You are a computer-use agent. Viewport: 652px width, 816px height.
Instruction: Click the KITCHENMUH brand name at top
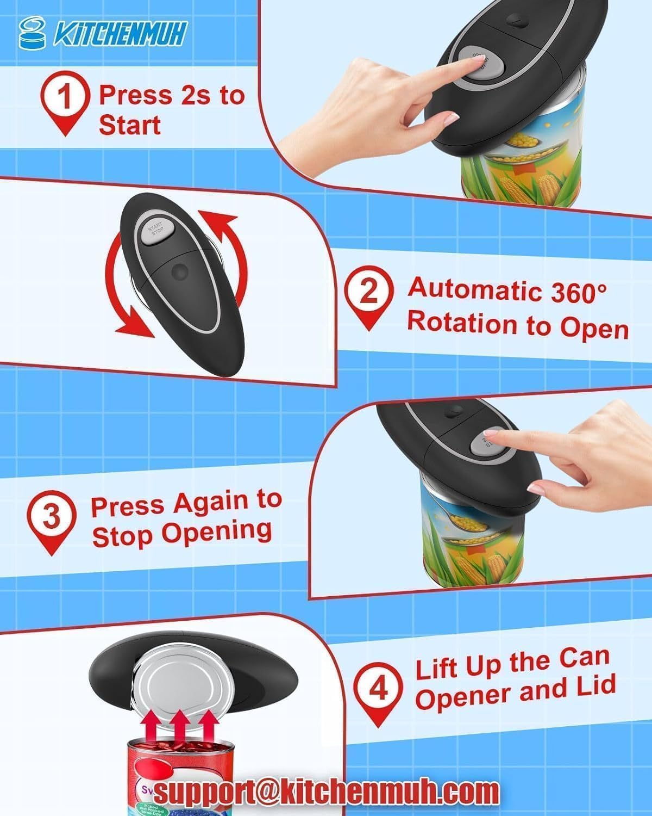click(120, 34)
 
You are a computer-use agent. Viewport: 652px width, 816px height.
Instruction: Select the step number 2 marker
click(368, 292)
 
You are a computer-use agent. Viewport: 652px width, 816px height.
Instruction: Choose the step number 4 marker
click(378, 689)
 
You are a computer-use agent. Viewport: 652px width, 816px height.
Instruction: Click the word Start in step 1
click(129, 125)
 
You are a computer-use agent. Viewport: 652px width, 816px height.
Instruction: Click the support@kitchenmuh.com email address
click(326, 791)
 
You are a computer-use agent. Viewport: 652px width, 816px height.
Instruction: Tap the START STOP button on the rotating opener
click(156, 231)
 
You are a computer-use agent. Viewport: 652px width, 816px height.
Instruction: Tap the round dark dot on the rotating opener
click(177, 270)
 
